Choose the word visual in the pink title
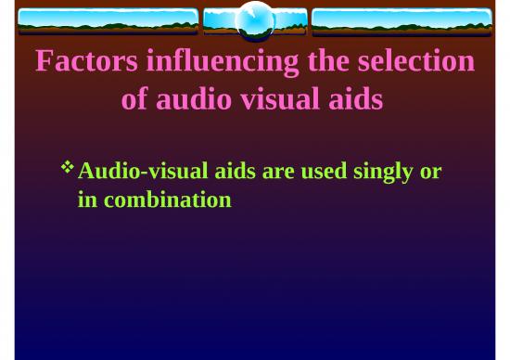[x=277, y=99]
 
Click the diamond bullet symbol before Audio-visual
[x=67, y=168]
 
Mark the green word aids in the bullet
[x=239, y=172]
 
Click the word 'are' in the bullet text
[x=286, y=172]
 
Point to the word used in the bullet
[x=329, y=172]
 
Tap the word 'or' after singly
[x=430, y=172]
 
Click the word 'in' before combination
[x=88, y=199]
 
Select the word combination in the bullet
[x=167, y=199]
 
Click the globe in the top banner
[x=255, y=20]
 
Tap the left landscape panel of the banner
[x=108, y=21]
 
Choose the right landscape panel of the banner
[x=402, y=21]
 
